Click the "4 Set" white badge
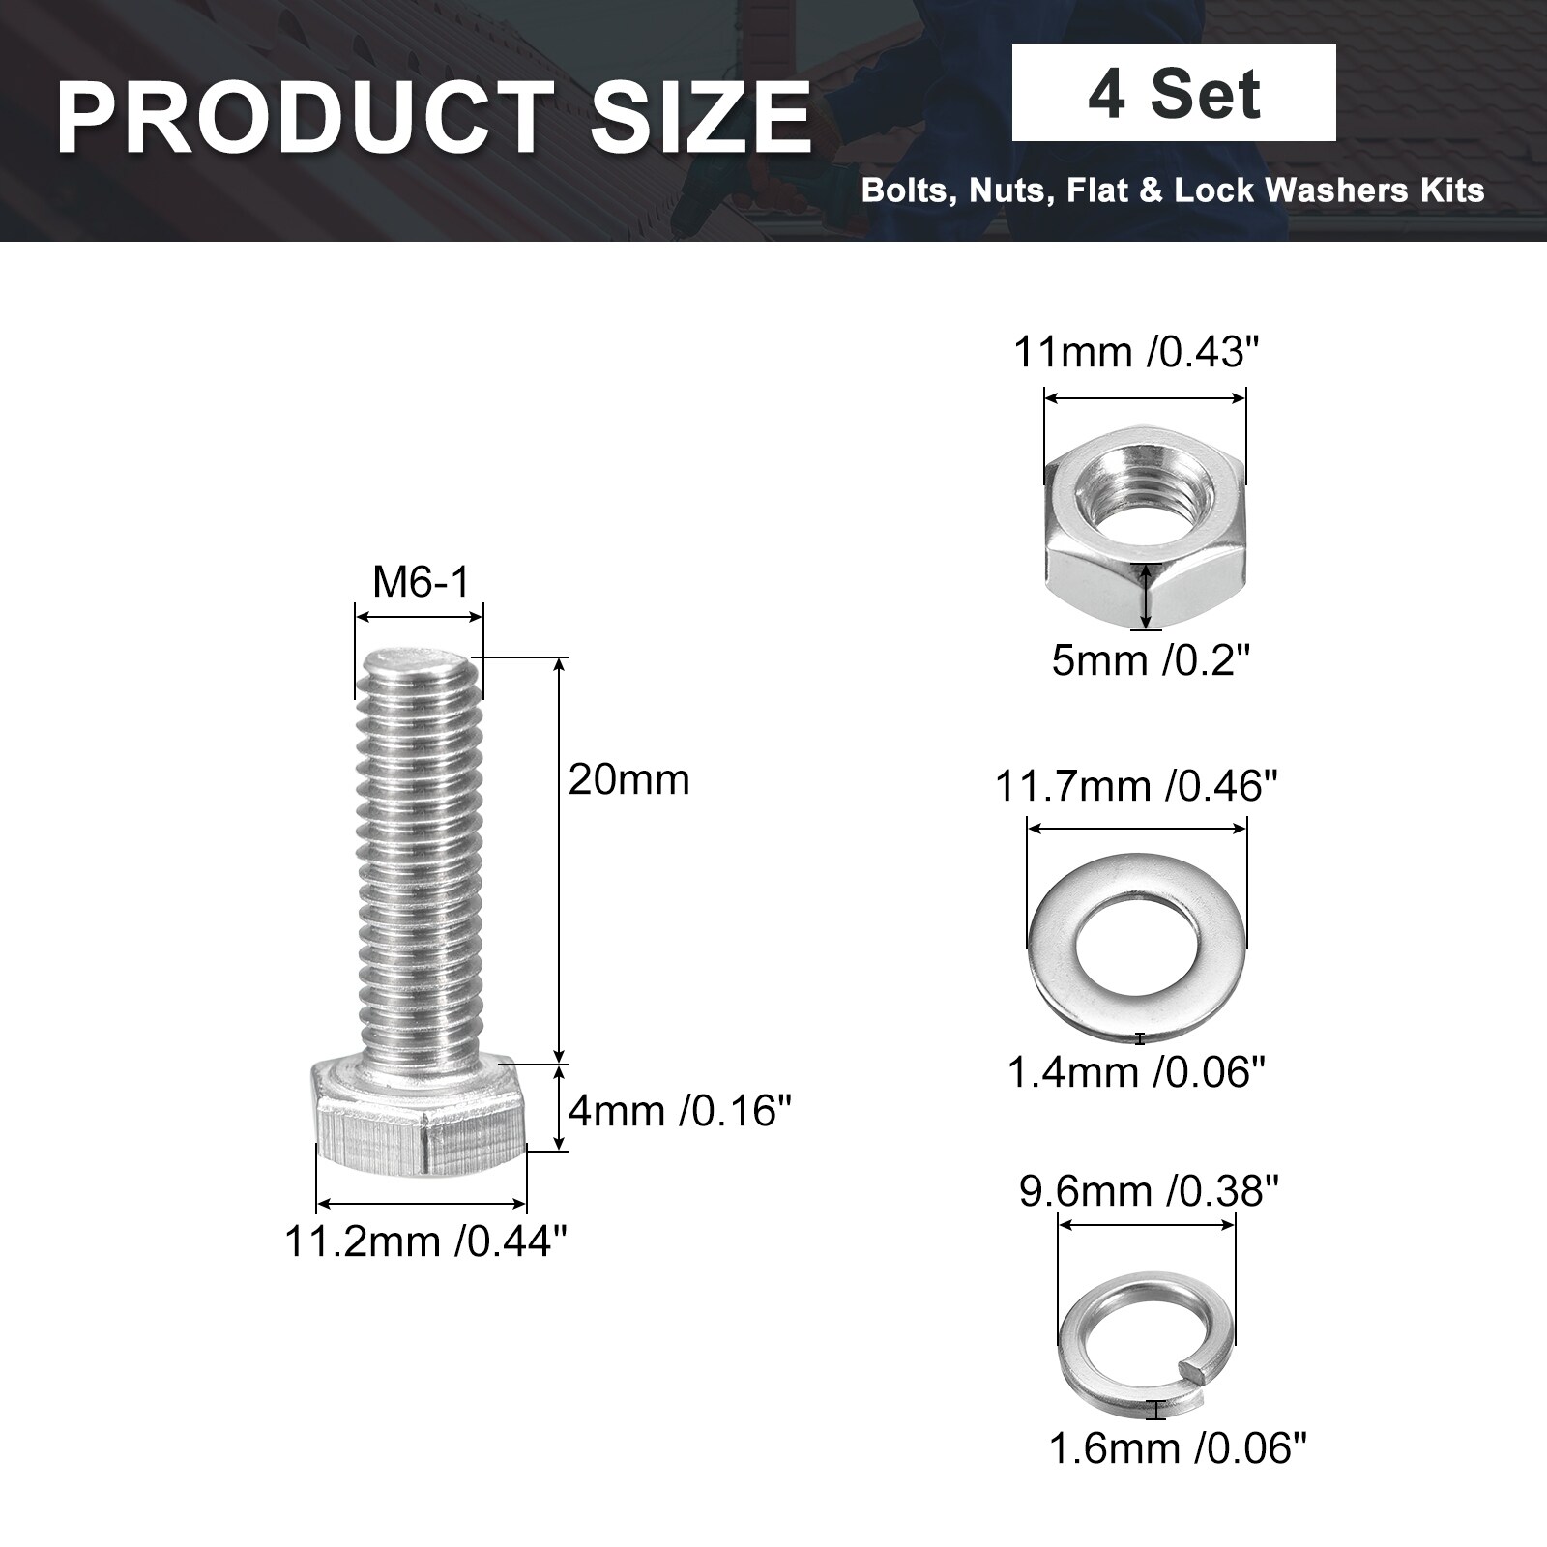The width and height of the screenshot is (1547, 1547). pyautogui.click(x=1174, y=93)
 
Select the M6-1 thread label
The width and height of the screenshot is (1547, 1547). pyautogui.click(x=421, y=582)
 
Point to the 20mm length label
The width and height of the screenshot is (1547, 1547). pyautogui.click(x=628, y=779)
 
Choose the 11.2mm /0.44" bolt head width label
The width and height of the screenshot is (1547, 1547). pyautogui.click(x=424, y=1241)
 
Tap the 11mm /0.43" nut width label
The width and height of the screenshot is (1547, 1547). pyautogui.click(x=1138, y=352)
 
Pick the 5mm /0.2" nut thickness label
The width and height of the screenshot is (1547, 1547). pyautogui.click(x=1152, y=661)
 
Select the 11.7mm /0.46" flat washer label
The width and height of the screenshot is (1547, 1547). pyautogui.click(x=1137, y=786)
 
